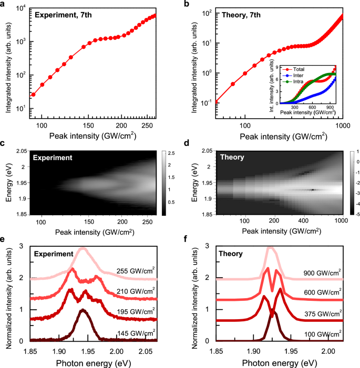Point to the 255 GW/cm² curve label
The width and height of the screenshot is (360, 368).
click(135, 272)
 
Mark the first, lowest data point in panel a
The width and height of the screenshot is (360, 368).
click(34, 94)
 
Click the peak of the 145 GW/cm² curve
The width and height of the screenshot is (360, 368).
click(82, 310)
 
